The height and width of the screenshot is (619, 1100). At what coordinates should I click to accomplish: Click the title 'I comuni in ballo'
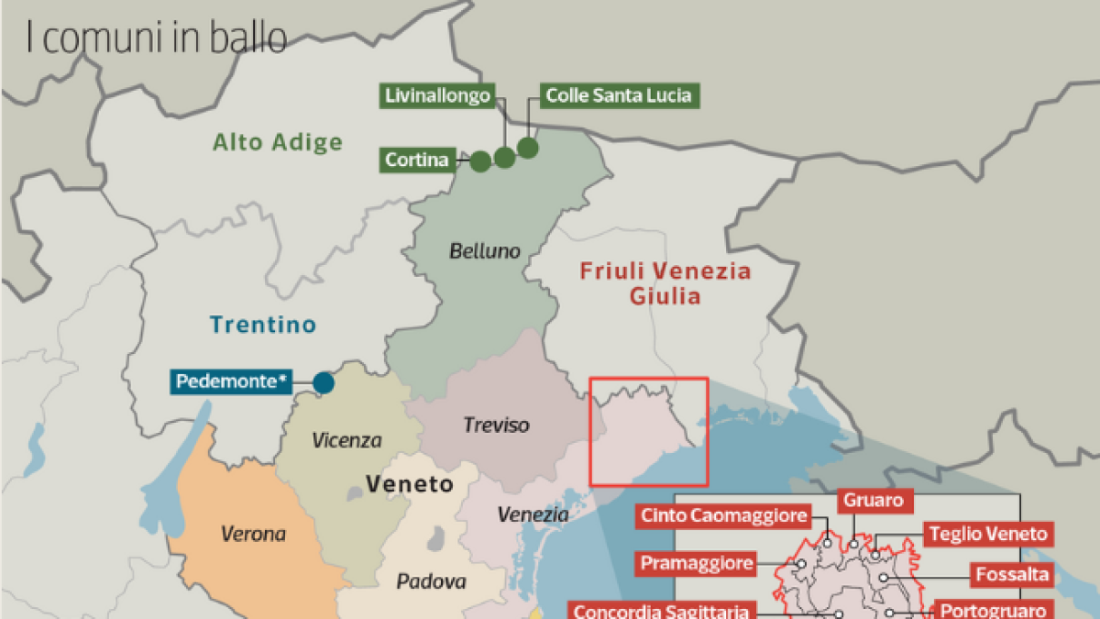pos(156,39)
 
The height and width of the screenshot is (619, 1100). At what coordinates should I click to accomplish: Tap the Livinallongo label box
pos(437,95)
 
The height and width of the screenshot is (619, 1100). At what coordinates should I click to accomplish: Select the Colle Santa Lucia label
pos(618,95)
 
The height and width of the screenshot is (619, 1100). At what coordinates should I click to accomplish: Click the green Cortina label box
pos(417,160)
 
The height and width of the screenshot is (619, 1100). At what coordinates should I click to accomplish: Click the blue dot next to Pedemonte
pos(324,382)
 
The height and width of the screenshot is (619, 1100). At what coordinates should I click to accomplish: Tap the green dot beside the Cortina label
pos(480,161)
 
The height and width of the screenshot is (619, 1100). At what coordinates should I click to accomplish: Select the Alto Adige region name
pos(278,142)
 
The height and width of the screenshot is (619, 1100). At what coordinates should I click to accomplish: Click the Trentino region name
pos(263,325)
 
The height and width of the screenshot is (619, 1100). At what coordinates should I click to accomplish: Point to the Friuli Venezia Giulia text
pos(665,283)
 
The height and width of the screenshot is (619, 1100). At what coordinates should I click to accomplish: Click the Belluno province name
pos(484,250)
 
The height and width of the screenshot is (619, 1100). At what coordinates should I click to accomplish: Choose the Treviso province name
pos(496,425)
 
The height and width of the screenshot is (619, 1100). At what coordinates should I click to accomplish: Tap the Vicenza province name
pos(346,440)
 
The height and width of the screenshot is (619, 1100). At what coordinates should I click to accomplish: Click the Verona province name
pos(253,533)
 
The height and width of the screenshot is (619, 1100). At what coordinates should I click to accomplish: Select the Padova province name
pos(431,580)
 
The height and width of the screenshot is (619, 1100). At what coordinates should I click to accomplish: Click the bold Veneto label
pos(409,483)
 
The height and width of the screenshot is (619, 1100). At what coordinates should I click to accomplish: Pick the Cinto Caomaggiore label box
pos(724,515)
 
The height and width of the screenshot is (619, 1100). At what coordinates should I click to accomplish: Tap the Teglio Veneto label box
pos(987,534)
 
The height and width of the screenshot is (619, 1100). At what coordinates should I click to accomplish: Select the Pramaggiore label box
pos(697,562)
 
